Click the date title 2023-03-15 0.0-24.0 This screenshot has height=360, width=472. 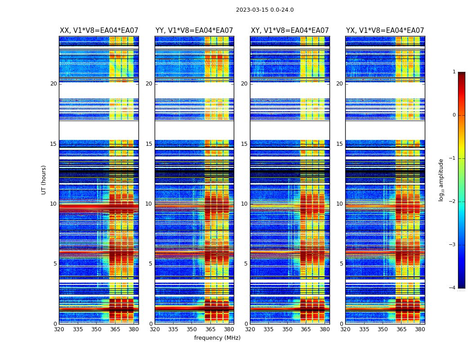click(265, 10)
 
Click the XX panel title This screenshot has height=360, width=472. click(99, 31)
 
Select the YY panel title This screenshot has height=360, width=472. click(194, 31)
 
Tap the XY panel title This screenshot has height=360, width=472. click(290, 31)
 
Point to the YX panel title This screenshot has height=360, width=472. click(385, 31)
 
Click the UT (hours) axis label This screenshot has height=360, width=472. click(44, 180)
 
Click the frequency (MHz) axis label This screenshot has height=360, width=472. click(217, 338)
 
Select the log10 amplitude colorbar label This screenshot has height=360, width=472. click(441, 180)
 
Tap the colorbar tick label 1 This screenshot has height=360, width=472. click(454, 72)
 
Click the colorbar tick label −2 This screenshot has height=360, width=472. click(453, 202)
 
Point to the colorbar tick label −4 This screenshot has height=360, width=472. click(453, 288)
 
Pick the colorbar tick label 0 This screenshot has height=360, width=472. click(454, 115)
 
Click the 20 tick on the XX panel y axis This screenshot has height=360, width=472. click(53, 84)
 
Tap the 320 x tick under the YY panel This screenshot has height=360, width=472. click(155, 329)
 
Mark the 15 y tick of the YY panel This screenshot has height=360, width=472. click(149, 144)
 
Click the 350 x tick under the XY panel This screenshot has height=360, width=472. click(287, 329)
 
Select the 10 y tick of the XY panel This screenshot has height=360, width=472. click(244, 204)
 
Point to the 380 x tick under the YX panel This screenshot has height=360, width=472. click(420, 329)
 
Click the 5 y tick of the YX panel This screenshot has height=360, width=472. click(341, 264)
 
